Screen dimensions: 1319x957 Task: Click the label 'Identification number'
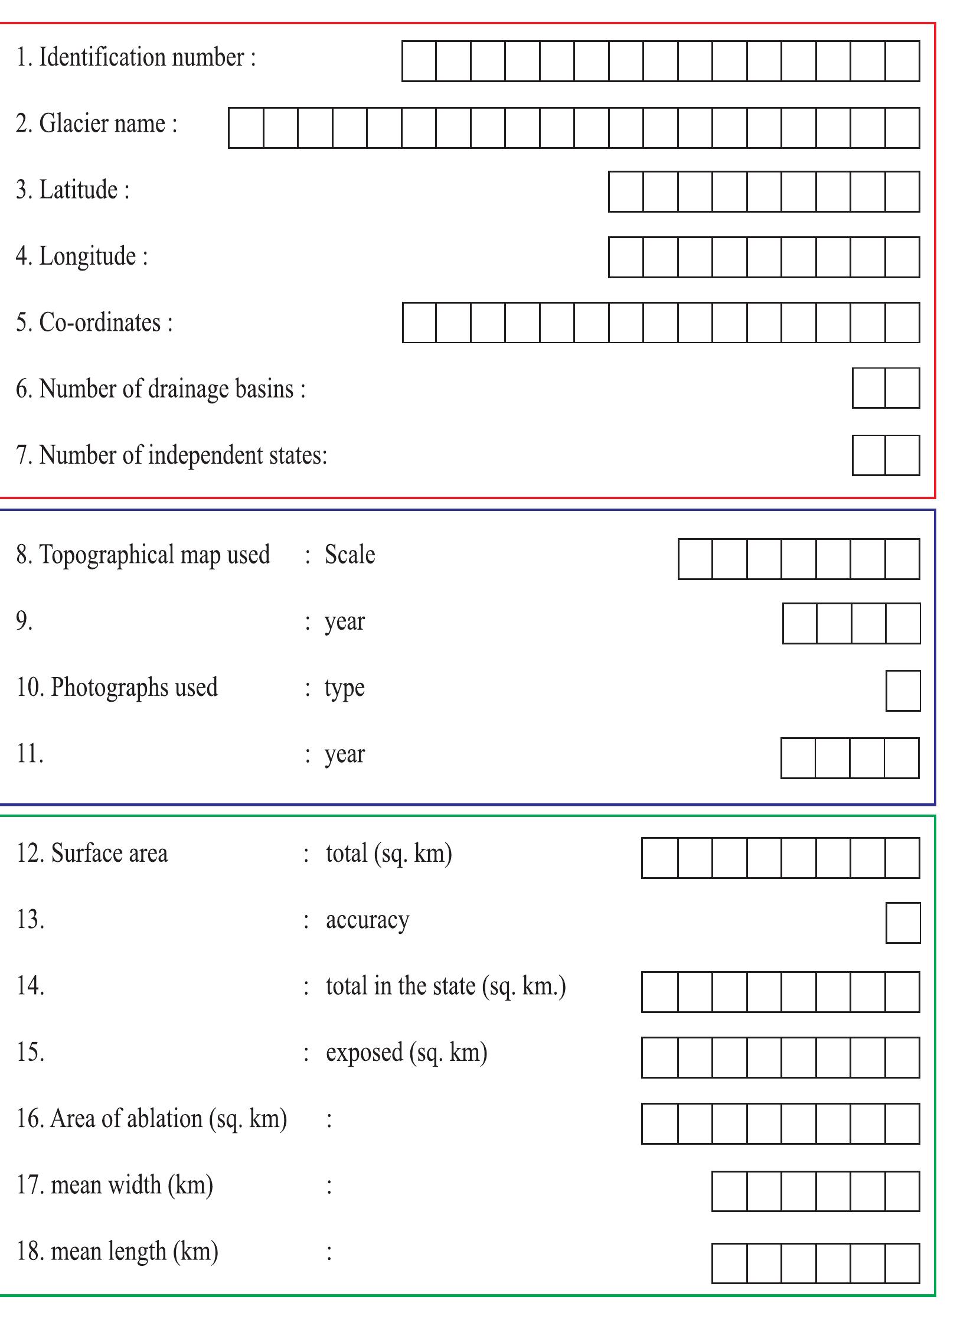point(142,58)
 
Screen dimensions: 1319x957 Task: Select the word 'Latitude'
point(78,190)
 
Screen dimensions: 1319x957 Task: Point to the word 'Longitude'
point(87,256)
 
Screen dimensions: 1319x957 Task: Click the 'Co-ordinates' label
point(100,323)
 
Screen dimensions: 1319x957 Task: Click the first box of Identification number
point(419,61)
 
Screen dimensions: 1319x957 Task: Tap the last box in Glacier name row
point(903,128)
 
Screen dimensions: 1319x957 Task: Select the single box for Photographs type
point(903,691)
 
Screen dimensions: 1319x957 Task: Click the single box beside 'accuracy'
point(903,923)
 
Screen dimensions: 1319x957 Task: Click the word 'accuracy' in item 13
point(367,920)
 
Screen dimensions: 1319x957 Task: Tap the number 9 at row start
point(24,621)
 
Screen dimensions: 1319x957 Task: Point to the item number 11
point(30,754)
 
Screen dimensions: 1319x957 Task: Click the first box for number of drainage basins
point(869,388)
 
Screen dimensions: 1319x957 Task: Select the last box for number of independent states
point(903,455)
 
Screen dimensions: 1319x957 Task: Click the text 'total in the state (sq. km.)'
point(446,986)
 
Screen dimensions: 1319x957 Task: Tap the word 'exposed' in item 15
point(364,1053)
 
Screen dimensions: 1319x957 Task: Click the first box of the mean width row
point(730,1191)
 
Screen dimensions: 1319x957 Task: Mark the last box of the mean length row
point(903,1263)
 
